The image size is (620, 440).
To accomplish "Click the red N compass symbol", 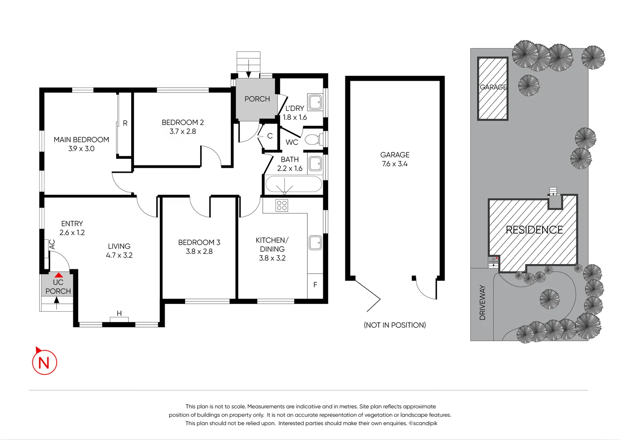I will [x=44, y=362].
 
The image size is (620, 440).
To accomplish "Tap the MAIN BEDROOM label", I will [x=81, y=140].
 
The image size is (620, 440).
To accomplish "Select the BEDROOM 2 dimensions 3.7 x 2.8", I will [x=183, y=132].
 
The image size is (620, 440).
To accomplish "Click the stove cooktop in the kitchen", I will [x=282, y=205].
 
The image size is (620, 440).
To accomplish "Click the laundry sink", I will [x=315, y=102].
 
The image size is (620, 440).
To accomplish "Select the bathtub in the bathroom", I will [x=293, y=185].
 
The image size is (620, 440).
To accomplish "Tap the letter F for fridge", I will [x=315, y=285].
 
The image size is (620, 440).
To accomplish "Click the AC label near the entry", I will [x=52, y=244].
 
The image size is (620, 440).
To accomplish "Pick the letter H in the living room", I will [x=119, y=313].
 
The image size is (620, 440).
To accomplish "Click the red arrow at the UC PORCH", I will [x=59, y=275].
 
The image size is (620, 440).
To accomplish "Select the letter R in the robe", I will [x=125, y=123].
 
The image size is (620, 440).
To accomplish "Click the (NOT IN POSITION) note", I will [x=395, y=325].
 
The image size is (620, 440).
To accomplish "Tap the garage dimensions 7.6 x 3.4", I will [x=395, y=164].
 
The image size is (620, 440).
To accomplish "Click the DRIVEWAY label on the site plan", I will [x=482, y=302].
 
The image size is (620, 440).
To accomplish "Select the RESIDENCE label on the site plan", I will [x=534, y=230].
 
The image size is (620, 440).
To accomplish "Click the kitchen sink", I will [x=315, y=243].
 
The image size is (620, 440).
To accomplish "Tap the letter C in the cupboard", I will [x=270, y=136].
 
